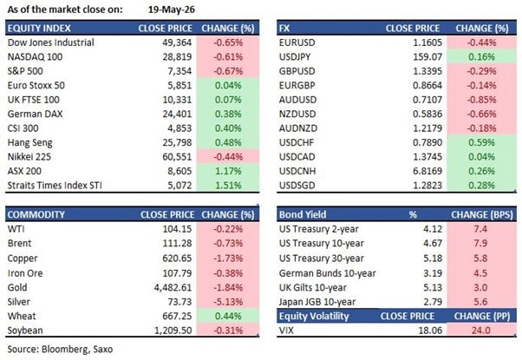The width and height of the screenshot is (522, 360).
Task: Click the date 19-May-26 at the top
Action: pos(172,10)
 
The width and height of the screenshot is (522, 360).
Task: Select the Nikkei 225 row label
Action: pos(29,157)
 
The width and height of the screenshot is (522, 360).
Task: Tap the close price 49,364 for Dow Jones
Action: pos(177,43)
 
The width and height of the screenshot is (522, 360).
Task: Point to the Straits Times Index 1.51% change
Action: pos(228,186)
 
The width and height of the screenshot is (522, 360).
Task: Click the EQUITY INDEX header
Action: pos(39,29)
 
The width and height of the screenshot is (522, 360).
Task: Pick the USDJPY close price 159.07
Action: pos(427,57)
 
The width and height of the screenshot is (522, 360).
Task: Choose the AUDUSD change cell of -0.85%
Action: pos(481,100)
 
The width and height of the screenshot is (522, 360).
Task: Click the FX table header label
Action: pos(284,29)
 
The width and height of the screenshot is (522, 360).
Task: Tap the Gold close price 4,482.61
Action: pos(173,288)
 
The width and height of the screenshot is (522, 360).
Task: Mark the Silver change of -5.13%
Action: pos(228,302)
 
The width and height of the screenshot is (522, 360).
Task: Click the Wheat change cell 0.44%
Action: pos(228,317)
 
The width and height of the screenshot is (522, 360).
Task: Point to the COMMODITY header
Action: pos(36,215)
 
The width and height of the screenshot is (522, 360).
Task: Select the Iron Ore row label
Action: pos(25,273)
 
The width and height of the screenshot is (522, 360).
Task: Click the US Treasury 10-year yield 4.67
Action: pos(433,244)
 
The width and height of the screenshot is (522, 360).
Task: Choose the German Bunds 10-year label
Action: pos(327,273)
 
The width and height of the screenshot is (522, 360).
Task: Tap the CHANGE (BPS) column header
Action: pos(482,215)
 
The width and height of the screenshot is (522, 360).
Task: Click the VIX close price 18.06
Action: pos(430,331)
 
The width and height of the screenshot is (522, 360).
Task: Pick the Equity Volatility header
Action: pos(314,317)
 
